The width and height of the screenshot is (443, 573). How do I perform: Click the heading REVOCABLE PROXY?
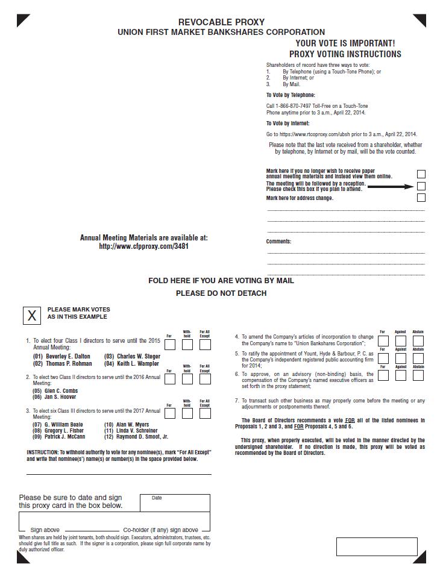tap(221, 22)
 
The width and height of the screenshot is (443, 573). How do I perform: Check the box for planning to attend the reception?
tap(421, 186)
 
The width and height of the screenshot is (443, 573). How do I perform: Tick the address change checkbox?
tap(421, 198)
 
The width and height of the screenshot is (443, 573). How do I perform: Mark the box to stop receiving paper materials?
tap(421, 174)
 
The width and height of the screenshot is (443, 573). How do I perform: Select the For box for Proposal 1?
tap(169, 345)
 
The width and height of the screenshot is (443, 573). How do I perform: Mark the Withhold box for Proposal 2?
tap(187, 379)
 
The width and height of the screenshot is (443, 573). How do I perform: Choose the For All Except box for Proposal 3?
tap(205, 413)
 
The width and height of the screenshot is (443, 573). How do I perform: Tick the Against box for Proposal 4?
tap(400, 341)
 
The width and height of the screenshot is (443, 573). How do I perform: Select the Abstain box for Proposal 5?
tap(418, 359)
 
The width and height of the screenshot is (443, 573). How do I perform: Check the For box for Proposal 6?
tap(383, 375)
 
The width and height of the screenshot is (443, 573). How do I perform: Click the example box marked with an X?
tap(32, 315)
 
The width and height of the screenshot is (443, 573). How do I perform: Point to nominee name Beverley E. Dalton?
tap(68, 356)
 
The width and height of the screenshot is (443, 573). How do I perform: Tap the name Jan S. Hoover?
tap(61, 397)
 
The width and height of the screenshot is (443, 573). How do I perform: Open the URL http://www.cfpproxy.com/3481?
tap(144, 246)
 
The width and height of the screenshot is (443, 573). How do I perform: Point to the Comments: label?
tap(278, 242)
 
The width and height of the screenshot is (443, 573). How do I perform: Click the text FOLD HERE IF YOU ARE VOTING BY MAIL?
tap(221, 281)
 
